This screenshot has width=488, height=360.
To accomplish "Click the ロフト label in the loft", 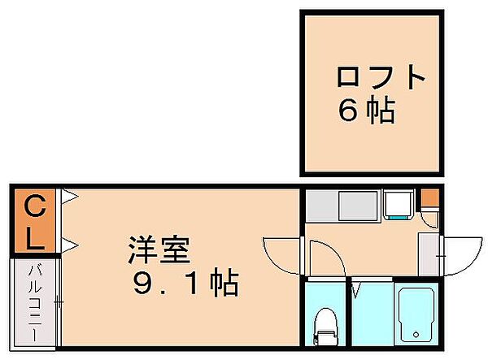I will [381, 77].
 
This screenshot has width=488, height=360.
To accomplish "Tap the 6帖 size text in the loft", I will [367, 111].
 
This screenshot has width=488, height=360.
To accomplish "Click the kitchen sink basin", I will [358, 206].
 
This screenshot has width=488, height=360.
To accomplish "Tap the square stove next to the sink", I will [398, 205].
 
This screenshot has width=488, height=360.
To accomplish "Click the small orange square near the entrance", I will [429, 197].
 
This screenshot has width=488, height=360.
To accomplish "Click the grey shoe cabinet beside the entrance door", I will [428, 252].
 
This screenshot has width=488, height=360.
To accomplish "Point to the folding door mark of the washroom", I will [355, 288].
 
